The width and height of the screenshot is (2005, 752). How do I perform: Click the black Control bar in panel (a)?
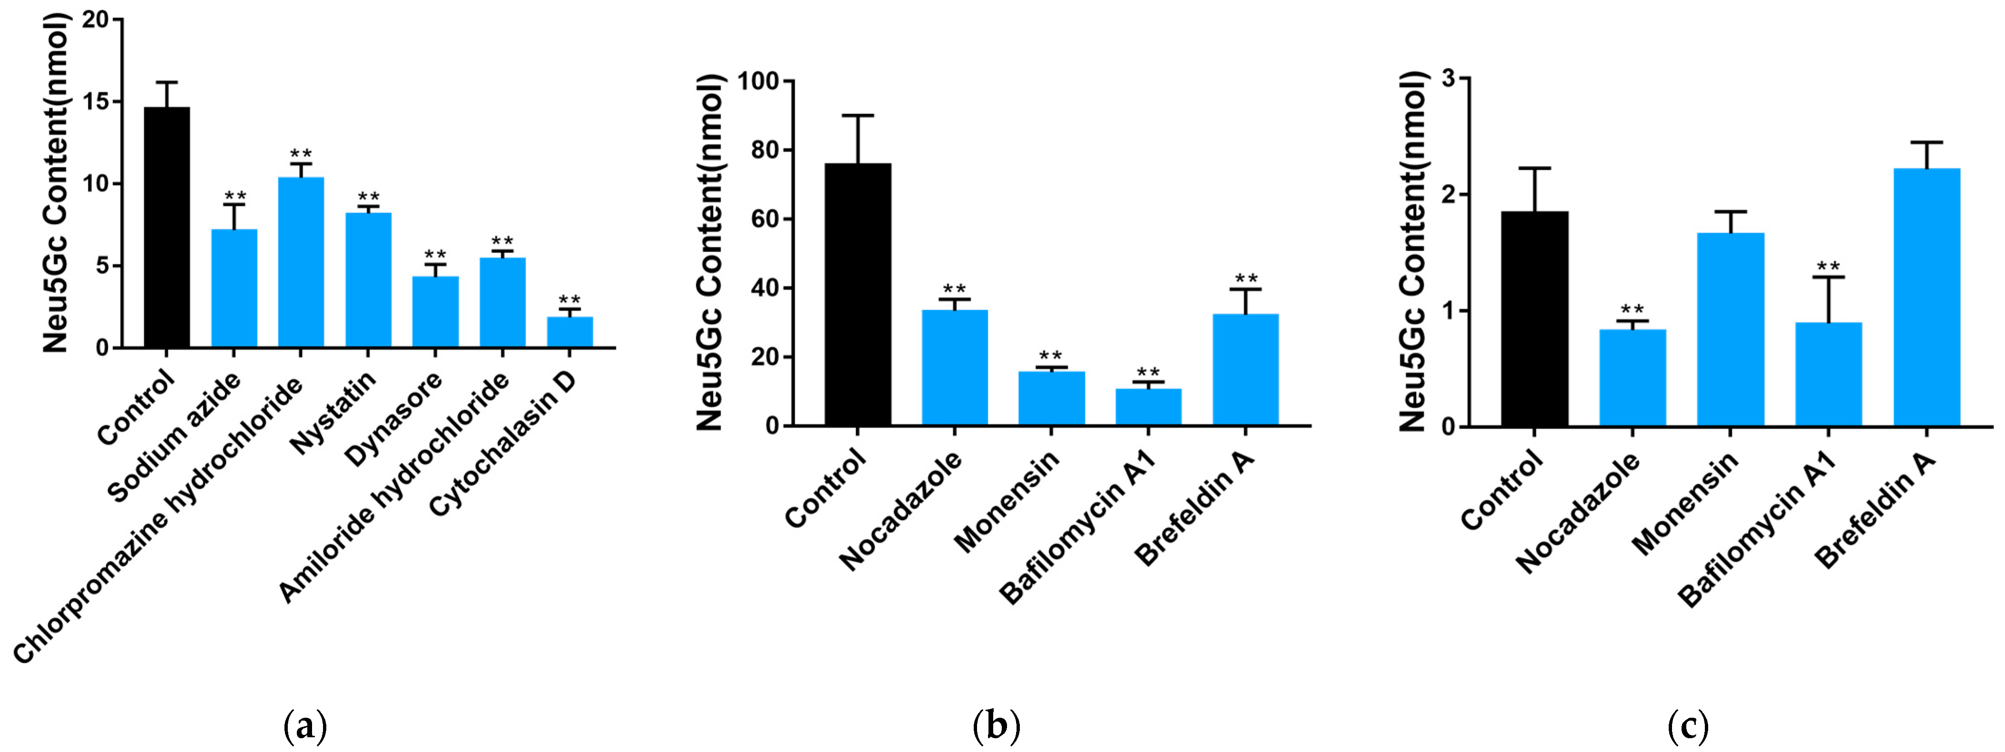click(x=166, y=227)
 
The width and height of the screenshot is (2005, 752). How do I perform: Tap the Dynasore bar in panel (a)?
click(x=435, y=312)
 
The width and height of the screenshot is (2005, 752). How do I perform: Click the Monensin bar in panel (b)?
click(x=1052, y=399)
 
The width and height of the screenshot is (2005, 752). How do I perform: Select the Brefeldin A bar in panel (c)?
click(x=1927, y=297)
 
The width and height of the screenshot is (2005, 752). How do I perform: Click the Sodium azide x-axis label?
click(x=175, y=438)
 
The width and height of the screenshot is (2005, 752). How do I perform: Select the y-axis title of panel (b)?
click(x=709, y=253)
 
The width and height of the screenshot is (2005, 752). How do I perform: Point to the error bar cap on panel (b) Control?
click(x=857, y=115)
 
